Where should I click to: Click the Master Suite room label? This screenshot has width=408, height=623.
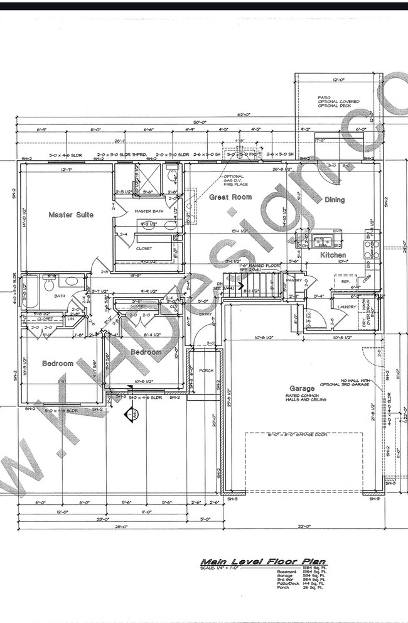tap(71, 215)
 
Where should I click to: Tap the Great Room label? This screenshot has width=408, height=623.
tap(230, 197)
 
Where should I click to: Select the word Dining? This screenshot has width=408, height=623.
tap(335, 200)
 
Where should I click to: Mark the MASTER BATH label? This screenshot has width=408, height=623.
tap(149, 211)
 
